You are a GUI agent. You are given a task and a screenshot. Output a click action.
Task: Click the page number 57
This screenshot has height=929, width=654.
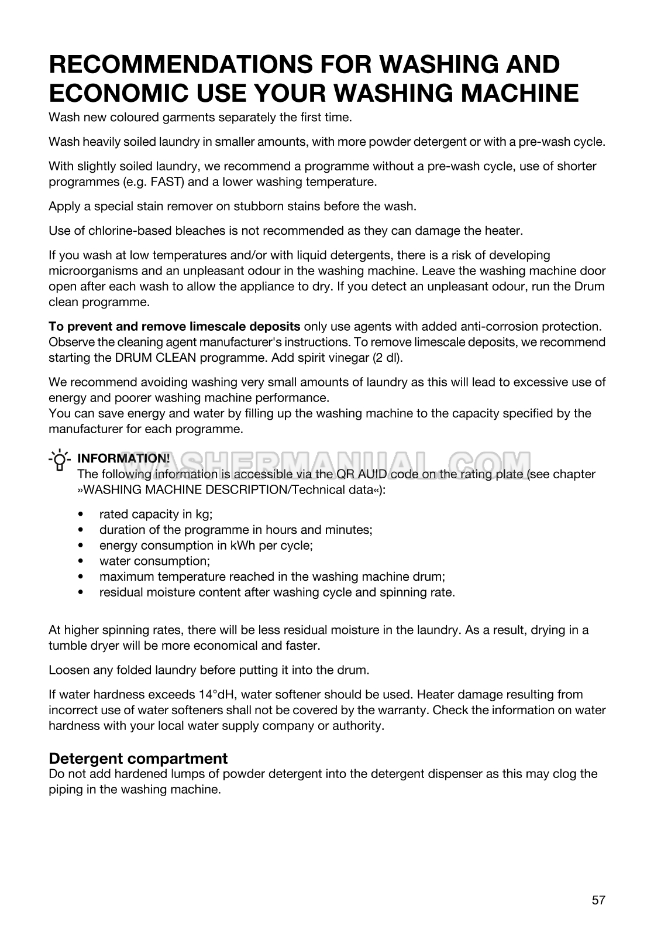pos(598,900)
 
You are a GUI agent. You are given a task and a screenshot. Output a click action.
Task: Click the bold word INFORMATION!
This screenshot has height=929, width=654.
pos(123,458)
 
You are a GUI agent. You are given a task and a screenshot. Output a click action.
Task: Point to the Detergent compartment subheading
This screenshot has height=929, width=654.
pos(138,758)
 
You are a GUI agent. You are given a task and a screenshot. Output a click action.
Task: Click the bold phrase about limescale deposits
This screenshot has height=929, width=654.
pos(174,326)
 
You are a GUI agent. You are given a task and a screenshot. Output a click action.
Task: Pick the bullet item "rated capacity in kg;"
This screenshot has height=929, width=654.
pos(156,514)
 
